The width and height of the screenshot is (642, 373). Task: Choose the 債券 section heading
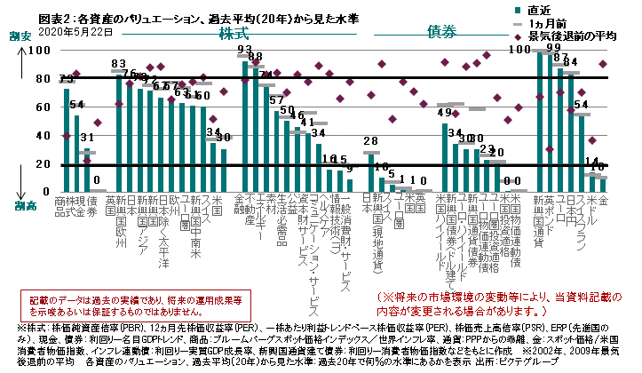pos(441,32)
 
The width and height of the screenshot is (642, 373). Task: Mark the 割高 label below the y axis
pos(19,204)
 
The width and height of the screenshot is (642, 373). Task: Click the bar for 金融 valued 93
pos(244,126)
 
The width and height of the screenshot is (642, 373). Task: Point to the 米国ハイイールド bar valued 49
pos(446,157)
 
